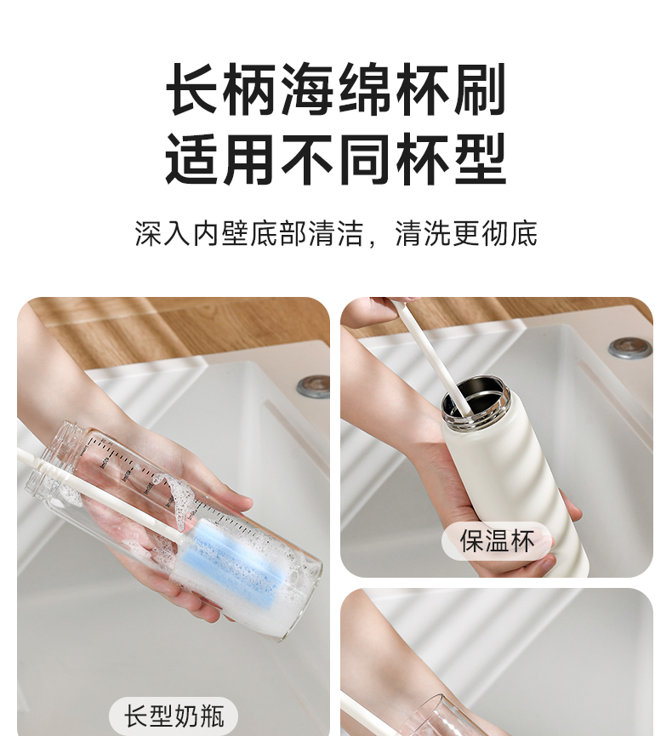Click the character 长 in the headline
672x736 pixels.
[x=193, y=89]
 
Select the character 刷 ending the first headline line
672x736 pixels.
[x=479, y=89]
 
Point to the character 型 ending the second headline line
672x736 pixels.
[x=479, y=158]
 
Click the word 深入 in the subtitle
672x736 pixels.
[x=163, y=233]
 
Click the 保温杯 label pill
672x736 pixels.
[x=497, y=541]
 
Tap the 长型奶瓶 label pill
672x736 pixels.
[x=174, y=716]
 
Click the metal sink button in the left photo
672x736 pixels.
[x=314, y=385]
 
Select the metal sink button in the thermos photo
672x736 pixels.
[x=630, y=348]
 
